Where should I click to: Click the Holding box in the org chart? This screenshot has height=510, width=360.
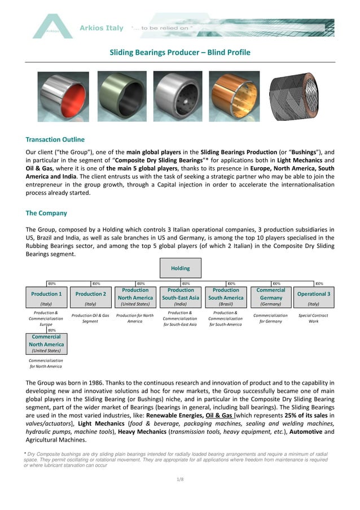pyautogui.click(x=181, y=268)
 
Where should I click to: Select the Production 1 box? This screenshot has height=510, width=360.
pyautogui.click(x=46, y=297)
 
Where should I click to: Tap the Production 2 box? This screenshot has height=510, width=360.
pyautogui.click(x=91, y=297)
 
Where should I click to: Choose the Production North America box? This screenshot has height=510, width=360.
pyautogui.click(x=135, y=297)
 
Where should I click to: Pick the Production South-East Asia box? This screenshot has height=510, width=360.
pyautogui.click(x=181, y=297)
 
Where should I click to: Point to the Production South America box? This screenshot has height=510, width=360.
pyautogui.click(x=226, y=297)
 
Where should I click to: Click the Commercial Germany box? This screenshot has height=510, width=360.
pyautogui.click(x=271, y=297)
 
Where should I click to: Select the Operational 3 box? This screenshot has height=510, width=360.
pyautogui.click(x=314, y=297)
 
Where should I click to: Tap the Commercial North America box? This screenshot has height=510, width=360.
pyautogui.click(x=46, y=343)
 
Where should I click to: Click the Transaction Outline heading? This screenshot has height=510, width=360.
pyautogui.click(x=55, y=140)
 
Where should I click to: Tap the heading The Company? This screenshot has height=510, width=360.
pyautogui.click(x=46, y=213)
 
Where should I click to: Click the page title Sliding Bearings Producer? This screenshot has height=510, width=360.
pyautogui.click(x=179, y=53)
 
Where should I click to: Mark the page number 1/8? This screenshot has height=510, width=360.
pyautogui.click(x=180, y=479)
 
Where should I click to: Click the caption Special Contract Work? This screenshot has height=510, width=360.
pyautogui.click(x=313, y=318)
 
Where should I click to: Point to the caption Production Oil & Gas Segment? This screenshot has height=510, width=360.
pyautogui.click(x=90, y=318)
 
